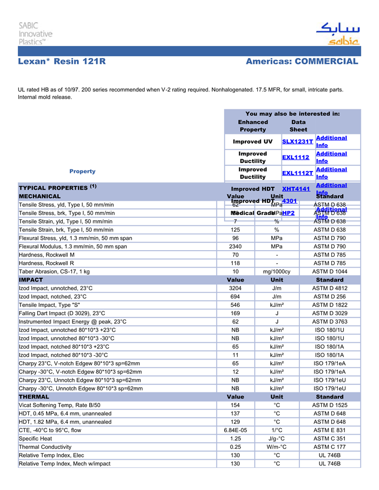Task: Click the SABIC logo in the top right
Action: point(337,34)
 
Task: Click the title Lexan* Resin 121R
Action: point(62,62)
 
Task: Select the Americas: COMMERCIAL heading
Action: point(302,62)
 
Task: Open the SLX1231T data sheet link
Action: point(298,142)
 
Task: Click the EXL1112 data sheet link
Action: point(296,158)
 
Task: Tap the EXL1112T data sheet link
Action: point(298,173)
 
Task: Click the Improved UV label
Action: point(252,142)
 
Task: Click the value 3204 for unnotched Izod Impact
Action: point(236,288)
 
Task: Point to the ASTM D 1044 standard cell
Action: point(330,271)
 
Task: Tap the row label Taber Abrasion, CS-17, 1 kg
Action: point(55,271)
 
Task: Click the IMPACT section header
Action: point(31,280)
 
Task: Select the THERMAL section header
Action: point(34,397)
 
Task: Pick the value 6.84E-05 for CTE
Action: point(236,430)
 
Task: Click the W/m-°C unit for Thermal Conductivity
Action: point(276,447)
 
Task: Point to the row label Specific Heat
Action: point(36,439)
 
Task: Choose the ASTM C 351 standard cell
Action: point(330,439)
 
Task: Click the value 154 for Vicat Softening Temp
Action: point(236,405)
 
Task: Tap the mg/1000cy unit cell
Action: point(276,271)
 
